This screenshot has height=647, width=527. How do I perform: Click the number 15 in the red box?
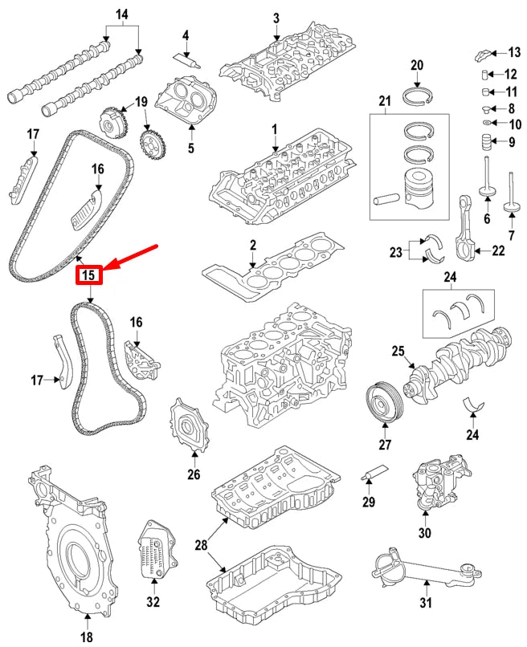tap(88, 275)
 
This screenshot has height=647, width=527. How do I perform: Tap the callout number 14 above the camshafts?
tap(122, 14)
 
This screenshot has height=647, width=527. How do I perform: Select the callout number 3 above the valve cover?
tap(276, 18)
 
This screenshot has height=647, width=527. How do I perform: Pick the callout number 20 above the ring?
tap(417, 65)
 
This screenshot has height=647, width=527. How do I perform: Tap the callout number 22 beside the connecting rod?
tap(498, 251)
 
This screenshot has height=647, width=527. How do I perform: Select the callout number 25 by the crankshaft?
tap(397, 351)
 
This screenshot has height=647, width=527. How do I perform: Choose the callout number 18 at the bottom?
tap(87, 637)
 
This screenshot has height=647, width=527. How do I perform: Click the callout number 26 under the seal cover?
tap(193, 474)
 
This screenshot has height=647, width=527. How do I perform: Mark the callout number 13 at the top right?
tap(513, 53)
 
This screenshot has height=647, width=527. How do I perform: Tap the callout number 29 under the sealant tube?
tap(369, 503)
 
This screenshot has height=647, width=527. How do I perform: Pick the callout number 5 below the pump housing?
tap(190, 148)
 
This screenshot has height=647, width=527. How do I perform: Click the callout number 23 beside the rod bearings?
tap(396, 252)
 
